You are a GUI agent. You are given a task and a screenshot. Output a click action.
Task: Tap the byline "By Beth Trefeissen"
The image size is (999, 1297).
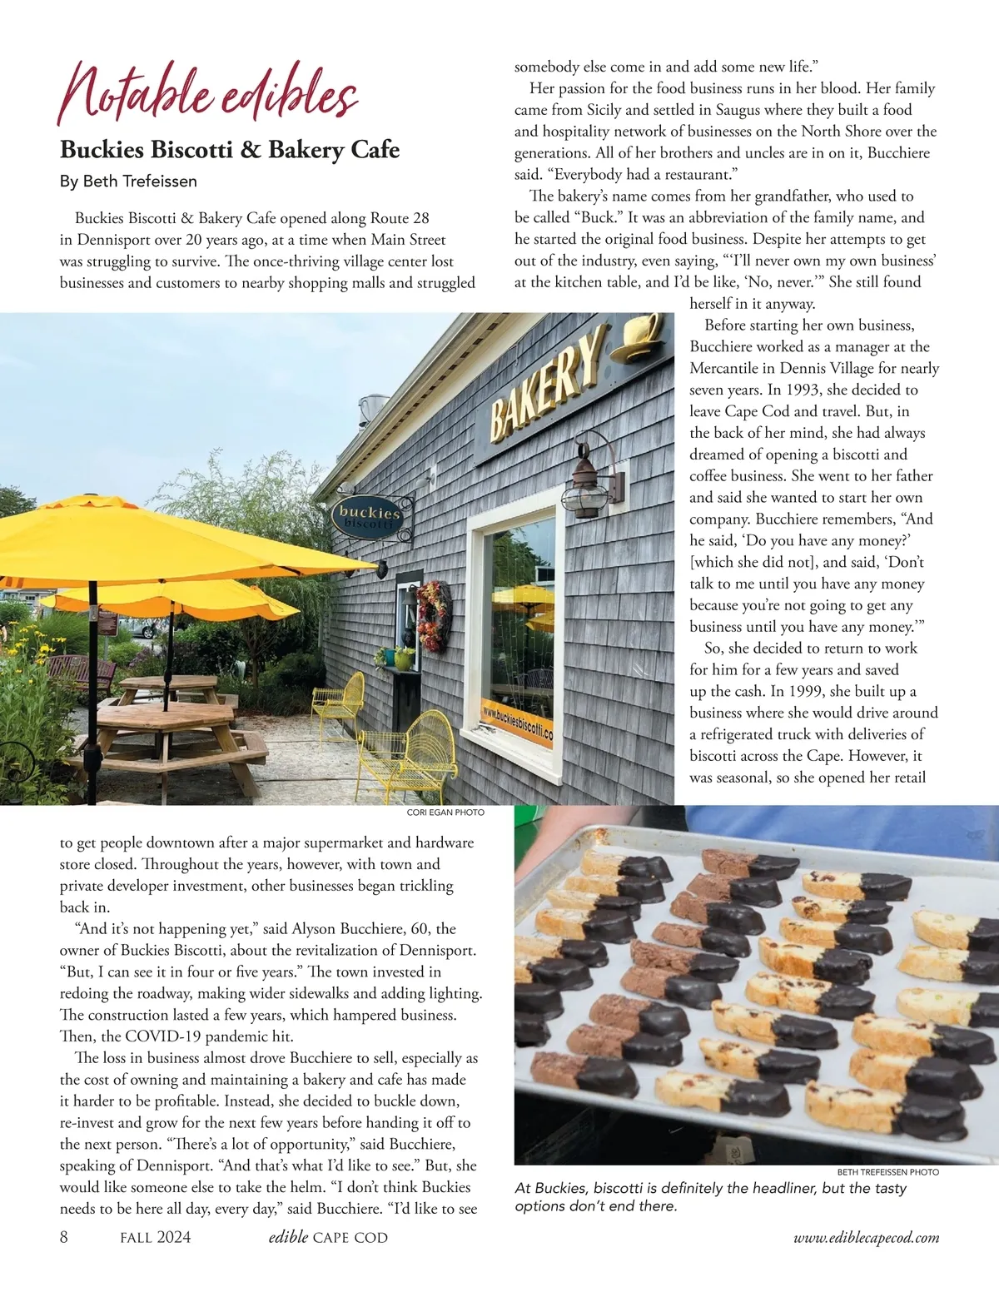(x=128, y=181)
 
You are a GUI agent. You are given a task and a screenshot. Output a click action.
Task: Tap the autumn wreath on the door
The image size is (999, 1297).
(x=433, y=617)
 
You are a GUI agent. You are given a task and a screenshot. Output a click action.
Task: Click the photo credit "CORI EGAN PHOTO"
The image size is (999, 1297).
(x=445, y=812)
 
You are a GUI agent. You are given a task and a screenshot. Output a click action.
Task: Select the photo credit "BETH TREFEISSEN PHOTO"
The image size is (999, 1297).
(x=887, y=1171)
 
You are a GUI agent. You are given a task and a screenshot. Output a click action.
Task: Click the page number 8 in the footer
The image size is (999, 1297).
(x=64, y=1237)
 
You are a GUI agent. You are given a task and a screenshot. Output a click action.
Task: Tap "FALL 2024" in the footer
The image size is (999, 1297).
(x=155, y=1237)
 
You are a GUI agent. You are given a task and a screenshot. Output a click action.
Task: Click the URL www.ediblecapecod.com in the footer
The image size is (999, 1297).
(x=866, y=1238)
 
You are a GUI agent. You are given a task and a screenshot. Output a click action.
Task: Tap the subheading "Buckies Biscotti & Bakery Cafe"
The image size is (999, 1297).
(x=230, y=150)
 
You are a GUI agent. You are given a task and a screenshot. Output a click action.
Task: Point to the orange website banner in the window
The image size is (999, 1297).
(x=517, y=723)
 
